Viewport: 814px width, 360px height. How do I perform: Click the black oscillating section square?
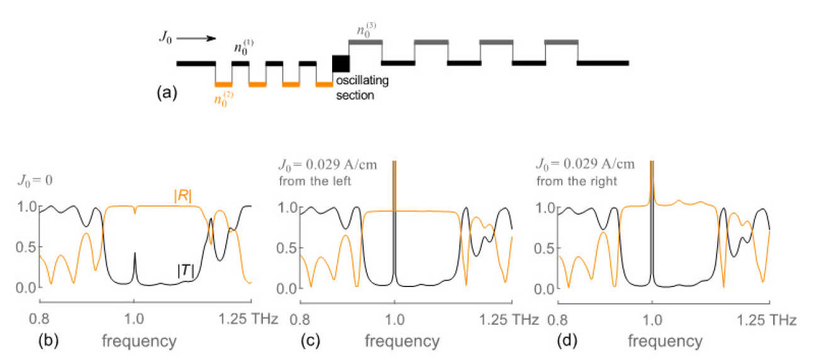coord(340,63)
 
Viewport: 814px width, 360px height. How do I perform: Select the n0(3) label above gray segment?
coord(364,30)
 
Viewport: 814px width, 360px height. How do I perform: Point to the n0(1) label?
coord(241,48)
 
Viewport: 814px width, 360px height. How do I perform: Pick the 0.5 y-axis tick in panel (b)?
coord(28,247)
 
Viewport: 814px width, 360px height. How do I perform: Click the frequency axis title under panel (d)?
coord(666,342)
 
